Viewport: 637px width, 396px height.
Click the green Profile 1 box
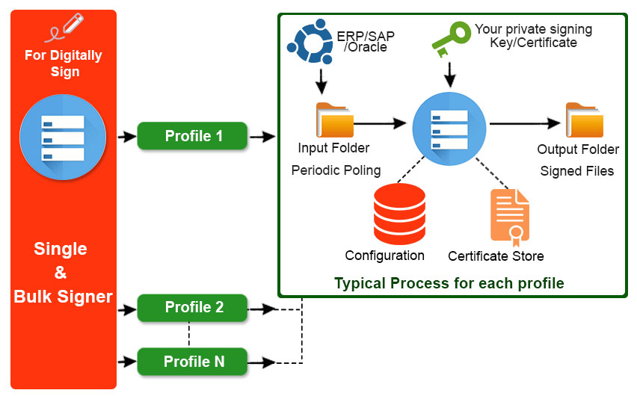click(192, 136)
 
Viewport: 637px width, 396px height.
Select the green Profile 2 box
click(192, 307)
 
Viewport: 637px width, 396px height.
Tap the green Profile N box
click(192, 362)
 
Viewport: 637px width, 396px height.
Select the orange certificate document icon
click(509, 217)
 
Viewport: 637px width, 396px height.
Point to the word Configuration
click(384, 256)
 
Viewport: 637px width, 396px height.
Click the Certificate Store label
click(496, 256)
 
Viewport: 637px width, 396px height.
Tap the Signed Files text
click(576, 171)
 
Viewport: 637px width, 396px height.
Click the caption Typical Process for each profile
click(449, 283)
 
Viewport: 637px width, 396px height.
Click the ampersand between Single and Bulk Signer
click(61, 273)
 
